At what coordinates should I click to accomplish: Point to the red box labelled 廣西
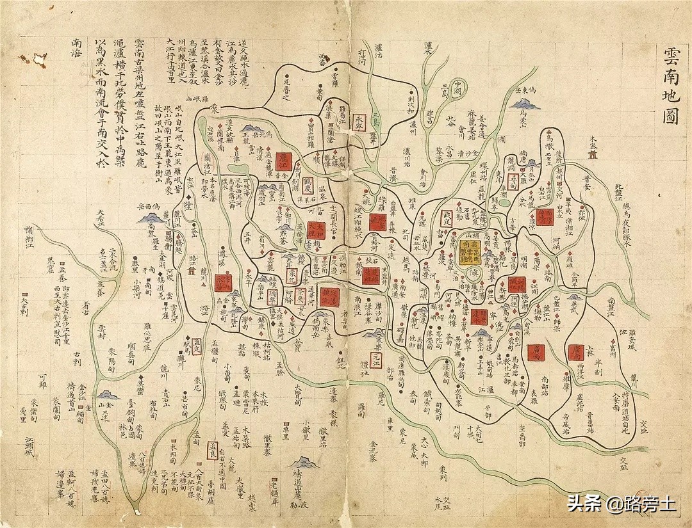click(536, 351)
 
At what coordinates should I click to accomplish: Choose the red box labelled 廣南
click(575, 351)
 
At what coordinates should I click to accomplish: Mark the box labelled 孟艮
click(214, 445)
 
